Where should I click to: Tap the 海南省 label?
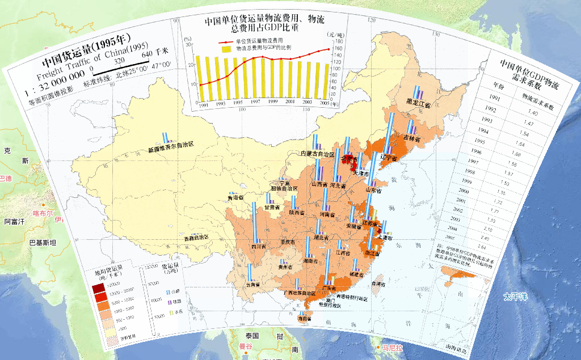[x=305, y=319]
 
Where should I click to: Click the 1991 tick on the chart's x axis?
[x=204, y=104]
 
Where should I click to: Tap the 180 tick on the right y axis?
[x=338, y=41]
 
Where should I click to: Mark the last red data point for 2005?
[x=329, y=49]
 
